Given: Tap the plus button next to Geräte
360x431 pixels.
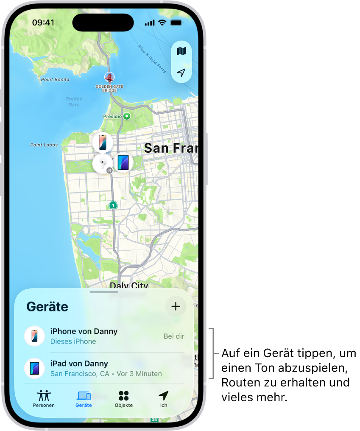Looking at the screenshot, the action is [176, 307].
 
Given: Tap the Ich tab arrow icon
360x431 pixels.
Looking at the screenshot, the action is [163, 395].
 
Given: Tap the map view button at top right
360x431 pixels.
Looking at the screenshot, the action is [181, 51].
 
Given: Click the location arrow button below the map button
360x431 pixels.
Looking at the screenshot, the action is [181, 73].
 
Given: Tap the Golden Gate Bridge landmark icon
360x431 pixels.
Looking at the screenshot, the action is [109, 77].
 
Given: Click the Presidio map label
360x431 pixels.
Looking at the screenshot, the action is [113, 116].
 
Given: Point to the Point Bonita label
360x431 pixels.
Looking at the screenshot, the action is [55, 79].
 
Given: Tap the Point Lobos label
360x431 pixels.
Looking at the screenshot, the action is [44, 145].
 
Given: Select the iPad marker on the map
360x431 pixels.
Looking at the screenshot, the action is [123, 162].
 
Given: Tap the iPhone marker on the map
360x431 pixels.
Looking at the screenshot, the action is [103, 142].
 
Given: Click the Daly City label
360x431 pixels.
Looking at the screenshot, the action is [128, 285].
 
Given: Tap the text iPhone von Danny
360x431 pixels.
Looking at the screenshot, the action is [84, 331].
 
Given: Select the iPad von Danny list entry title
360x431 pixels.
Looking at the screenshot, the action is [79, 364].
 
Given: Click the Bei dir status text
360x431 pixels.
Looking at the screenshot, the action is [174, 336].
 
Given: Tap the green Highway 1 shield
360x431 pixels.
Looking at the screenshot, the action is [113, 205].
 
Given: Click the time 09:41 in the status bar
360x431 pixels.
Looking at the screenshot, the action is [43, 22].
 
